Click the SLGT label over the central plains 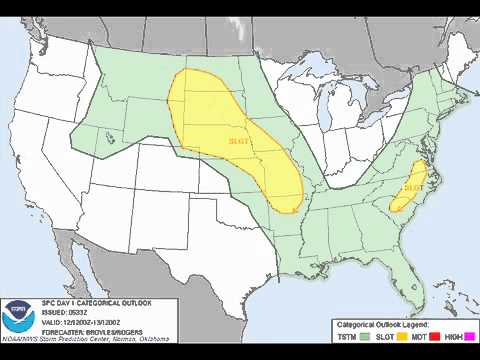click(239, 141)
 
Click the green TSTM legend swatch click(364, 339)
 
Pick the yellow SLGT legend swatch click(403, 339)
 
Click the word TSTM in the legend click(346, 339)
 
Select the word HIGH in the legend click(455, 339)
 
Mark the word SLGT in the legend click(386, 339)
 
